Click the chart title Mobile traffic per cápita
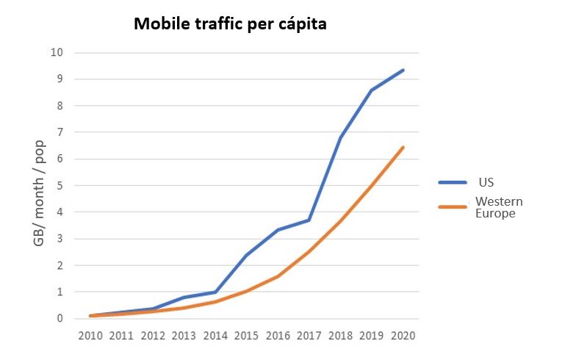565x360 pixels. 230,24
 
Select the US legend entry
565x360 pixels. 485,182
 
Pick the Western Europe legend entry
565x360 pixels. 494,207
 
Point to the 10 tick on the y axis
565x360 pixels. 57,53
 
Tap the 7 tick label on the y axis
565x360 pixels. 60,132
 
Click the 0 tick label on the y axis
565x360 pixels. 60,319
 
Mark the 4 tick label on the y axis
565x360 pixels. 60,212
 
